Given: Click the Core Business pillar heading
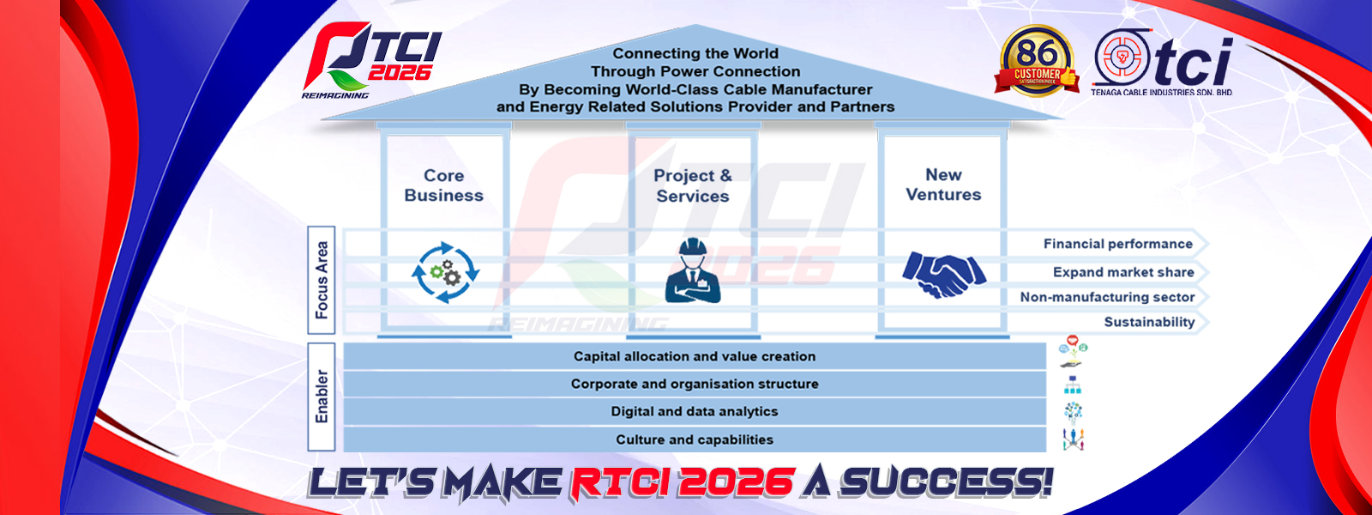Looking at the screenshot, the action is [x=443, y=185].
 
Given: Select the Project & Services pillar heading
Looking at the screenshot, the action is [x=693, y=185].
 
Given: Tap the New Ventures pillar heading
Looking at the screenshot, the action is [x=943, y=185].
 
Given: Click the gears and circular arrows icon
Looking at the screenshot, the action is [x=445, y=272].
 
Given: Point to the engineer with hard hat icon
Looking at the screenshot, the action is [x=693, y=270].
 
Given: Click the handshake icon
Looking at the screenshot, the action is [x=944, y=274].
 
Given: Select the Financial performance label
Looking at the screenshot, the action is [x=1118, y=244].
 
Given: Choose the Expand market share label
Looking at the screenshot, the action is [x=1123, y=272].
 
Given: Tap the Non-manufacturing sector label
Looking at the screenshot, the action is [x=1107, y=297].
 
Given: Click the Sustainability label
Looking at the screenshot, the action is [x=1149, y=322].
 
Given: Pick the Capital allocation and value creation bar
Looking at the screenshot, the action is [x=695, y=356].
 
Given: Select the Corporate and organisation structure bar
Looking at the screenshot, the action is [x=695, y=384].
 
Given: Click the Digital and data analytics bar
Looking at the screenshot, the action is [x=695, y=411].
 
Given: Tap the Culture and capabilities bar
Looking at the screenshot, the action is [x=695, y=439].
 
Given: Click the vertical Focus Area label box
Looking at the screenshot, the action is [x=322, y=280].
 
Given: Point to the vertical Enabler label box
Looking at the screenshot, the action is [x=322, y=397].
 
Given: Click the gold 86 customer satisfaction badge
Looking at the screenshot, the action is [x=1037, y=61].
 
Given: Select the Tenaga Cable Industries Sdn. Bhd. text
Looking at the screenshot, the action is [x=1162, y=93].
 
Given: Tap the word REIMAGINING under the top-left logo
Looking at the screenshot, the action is [x=335, y=95].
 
